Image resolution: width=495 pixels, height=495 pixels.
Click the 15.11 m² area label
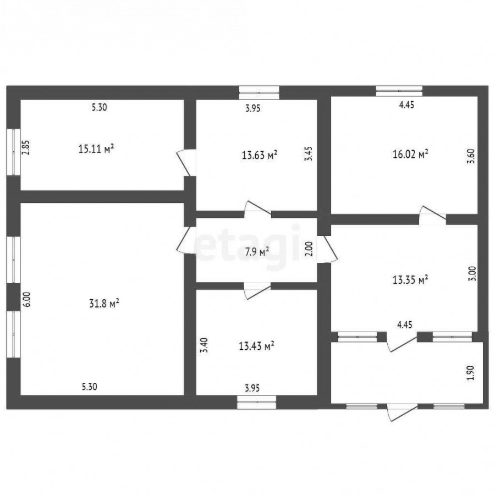(96, 148)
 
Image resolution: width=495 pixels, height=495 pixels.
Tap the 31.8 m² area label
(104, 304)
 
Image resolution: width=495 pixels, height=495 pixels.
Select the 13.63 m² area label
(260, 155)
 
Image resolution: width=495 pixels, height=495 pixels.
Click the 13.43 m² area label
(256, 346)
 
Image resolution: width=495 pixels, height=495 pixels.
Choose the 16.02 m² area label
(410, 154)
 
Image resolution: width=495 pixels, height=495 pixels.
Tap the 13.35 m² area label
(410, 279)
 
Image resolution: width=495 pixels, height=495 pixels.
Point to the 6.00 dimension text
(27, 299)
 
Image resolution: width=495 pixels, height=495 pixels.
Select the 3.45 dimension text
(309, 154)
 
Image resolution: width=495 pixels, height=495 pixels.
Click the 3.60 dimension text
(471, 156)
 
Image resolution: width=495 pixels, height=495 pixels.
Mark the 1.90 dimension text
(470, 373)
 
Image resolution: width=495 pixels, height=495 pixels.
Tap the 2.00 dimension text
(309, 249)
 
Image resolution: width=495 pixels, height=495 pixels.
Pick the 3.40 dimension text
(205, 345)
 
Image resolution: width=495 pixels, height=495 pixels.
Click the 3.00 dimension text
(472, 274)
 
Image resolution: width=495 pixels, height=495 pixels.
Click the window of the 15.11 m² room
(13, 152)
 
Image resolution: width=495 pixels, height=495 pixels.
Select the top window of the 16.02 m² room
(399, 91)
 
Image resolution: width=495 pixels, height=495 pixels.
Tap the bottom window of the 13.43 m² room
(257, 402)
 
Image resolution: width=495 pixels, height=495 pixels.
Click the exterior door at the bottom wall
(403, 411)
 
